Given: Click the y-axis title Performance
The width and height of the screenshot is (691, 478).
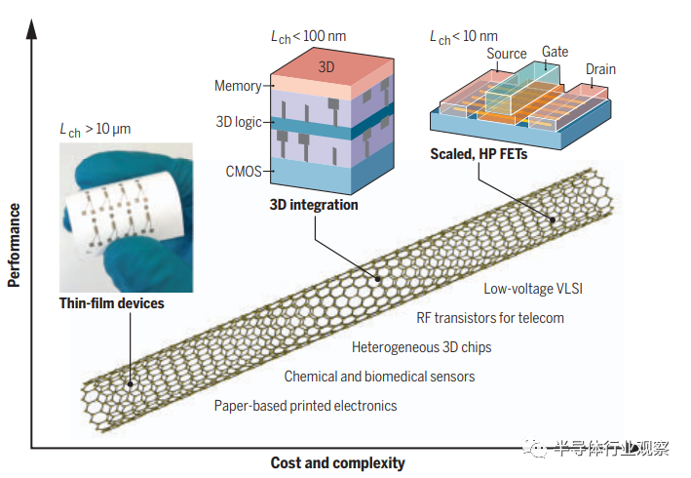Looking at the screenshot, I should (14, 245).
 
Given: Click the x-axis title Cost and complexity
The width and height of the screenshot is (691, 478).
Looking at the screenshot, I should (337, 462).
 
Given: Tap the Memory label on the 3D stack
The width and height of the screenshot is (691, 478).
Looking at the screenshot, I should (238, 86).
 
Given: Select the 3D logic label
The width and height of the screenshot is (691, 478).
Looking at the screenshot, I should (239, 123).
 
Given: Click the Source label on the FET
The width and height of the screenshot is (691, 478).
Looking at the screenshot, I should (506, 54).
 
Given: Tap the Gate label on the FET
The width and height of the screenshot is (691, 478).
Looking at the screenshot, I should (556, 51).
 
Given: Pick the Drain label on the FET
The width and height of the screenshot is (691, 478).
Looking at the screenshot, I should (602, 68).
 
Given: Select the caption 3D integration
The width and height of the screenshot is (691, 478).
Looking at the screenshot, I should (314, 205).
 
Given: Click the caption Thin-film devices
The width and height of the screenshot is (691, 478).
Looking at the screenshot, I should (112, 303).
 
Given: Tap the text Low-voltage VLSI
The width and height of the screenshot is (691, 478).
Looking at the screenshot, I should (533, 289).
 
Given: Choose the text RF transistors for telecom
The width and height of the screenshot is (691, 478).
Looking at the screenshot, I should (490, 317).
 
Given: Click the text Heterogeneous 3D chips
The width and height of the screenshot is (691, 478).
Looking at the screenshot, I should (422, 346).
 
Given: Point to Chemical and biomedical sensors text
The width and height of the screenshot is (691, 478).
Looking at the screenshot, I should (379, 376).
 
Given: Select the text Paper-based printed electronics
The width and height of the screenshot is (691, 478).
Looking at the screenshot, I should (306, 405).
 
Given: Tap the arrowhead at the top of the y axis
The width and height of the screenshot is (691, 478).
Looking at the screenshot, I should (33, 26).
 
